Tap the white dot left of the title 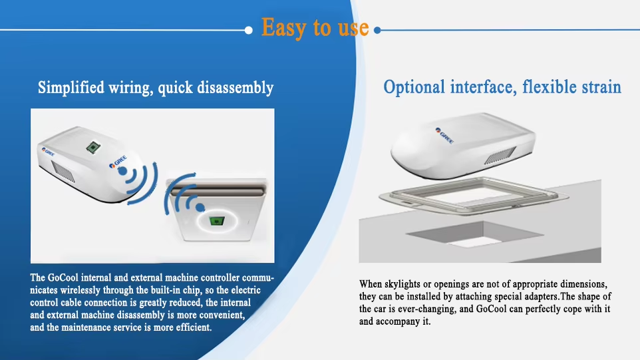(x=249, y=30)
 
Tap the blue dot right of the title (x=378, y=30)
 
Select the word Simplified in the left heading (x=71, y=88)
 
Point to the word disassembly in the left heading (x=235, y=88)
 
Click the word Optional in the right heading (x=414, y=87)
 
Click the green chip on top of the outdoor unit (x=93, y=147)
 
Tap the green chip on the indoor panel (x=217, y=221)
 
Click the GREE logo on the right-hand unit (x=444, y=135)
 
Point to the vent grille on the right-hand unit (x=500, y=155)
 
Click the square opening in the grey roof (x=475, y=234)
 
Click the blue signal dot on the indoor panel (x=200, y=208)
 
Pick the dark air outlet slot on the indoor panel (x=218, y=190)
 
